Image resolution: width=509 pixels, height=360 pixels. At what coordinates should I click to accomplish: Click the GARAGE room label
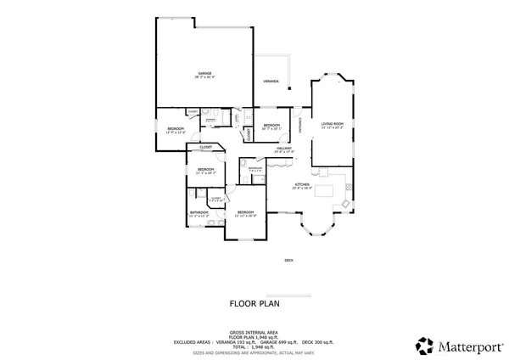click(205, 75)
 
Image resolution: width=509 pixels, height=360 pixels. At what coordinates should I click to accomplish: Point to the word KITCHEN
click(302, 186)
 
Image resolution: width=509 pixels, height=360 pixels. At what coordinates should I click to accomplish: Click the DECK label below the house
click(288, 261)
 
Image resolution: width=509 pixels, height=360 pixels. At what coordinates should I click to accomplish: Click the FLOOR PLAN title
click(255, 302)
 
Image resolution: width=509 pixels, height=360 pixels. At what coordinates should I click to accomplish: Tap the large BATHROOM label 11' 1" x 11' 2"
click(199, 213)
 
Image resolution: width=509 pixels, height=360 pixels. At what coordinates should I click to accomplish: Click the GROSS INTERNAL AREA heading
click(255, 332)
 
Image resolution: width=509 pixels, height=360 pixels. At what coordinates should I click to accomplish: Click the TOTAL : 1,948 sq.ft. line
click(255, 345)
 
